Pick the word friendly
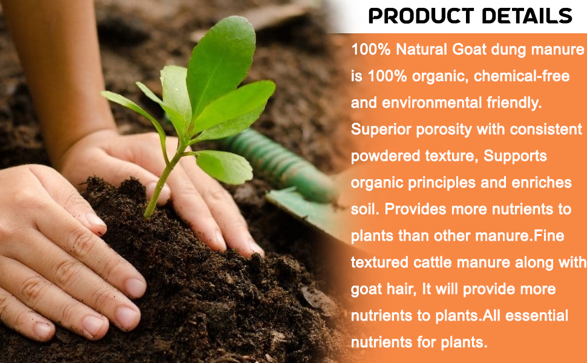(x=512, y=103)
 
